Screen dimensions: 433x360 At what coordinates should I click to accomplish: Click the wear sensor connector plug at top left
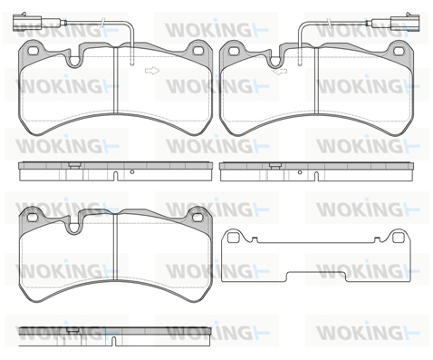point(27,23)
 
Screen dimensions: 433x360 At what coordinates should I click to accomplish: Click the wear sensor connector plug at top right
point(405,23)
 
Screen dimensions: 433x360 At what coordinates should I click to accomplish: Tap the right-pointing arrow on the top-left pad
point(152,71)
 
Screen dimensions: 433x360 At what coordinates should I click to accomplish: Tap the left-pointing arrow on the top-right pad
point(280,72)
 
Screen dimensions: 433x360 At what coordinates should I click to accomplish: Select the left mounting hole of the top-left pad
point(32,51)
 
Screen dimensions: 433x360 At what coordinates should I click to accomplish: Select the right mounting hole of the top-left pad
point(198,51)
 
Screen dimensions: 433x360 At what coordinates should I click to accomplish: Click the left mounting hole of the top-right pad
point(233,51)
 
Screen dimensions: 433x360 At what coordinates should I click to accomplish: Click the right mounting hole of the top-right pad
point(399,51)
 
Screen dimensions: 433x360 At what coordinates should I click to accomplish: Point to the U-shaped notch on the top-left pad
point(74,62)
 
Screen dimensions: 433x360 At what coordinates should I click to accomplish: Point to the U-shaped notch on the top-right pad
point(275,62)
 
